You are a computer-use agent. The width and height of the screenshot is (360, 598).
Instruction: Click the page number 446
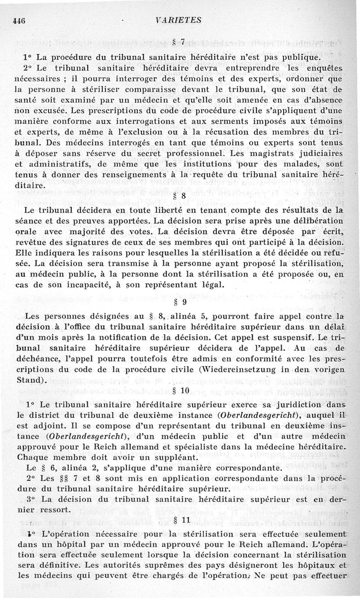(19, 20)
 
